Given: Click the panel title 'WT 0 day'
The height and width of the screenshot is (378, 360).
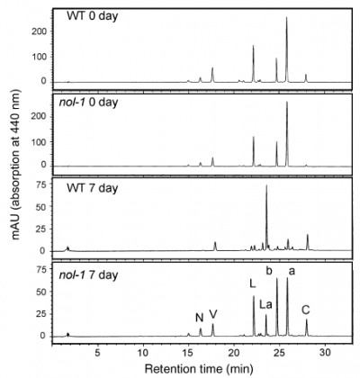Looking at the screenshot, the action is tap(93, 16).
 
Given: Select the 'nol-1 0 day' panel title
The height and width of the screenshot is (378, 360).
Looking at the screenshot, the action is tap(88, 103).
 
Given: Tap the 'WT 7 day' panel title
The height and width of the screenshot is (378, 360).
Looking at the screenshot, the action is tap(93, 189).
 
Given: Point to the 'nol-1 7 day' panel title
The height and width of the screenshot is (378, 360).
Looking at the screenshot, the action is tap(88, 275).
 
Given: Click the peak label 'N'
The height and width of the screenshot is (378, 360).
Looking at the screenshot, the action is tap(199, 318).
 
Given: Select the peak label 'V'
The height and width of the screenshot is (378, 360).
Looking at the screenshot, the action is tap(212, 314).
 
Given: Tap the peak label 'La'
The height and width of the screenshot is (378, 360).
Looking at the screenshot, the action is tap(265, 305).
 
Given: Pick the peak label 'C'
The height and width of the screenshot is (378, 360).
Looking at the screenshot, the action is tap(306, 310).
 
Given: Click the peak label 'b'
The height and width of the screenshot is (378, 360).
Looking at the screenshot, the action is tap(269, 271).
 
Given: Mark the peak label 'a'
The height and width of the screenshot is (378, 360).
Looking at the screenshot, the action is tap(292, 272).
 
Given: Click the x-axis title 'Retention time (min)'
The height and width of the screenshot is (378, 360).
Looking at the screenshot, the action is tap(199, 367).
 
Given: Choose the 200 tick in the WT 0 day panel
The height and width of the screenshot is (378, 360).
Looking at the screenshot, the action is tap(40, 31).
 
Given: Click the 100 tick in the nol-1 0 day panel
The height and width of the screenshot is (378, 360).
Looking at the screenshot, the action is tap(40, 141).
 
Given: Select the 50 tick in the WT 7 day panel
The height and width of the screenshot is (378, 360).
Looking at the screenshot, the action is tap(43, 207).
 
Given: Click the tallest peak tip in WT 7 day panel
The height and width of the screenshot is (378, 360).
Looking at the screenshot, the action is tap(266, 185).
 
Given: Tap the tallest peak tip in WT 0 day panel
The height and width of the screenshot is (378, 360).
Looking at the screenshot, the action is tap(286, 17).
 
